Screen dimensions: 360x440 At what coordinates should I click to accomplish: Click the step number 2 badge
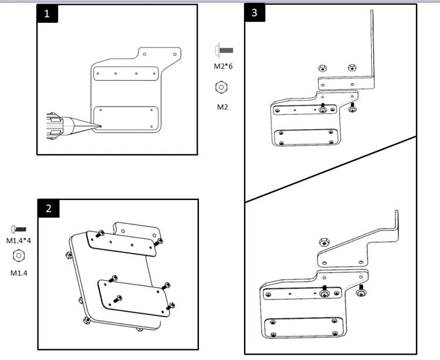pos(48,208)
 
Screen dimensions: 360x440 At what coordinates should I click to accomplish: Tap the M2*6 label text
pos(223,66)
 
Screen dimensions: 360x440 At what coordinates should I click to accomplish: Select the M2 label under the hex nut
pos(223,106)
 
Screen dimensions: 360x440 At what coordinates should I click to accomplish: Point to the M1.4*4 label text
pos(18,240)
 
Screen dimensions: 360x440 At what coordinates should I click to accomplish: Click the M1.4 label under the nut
pos(18,272)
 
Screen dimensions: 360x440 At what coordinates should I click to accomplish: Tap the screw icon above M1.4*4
pos(19,227)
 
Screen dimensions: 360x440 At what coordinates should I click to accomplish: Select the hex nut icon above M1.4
pos(18,256)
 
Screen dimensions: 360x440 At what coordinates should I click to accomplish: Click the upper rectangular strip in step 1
pos(126,74)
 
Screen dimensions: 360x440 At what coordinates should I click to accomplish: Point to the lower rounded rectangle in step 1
pos(126,118)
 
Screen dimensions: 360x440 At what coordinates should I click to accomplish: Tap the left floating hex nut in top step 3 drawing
pos(322,68)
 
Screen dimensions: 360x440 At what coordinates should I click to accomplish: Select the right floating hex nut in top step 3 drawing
pos(351,68)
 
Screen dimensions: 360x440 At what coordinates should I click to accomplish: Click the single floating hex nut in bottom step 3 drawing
pos(323,242)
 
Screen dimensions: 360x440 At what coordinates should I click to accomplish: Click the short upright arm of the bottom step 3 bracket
pos(397,226)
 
